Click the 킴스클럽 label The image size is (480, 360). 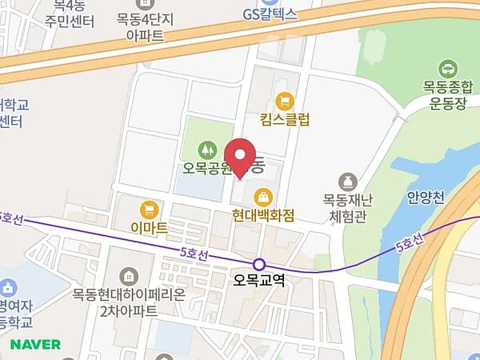coord(284,119)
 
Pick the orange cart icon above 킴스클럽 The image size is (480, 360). coord(284,101)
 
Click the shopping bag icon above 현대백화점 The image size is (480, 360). coord(262,196)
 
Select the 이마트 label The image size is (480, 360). coord(149,228)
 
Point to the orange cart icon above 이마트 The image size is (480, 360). coord(148,210)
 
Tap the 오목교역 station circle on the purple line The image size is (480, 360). coord(258,264)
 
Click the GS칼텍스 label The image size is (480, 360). coord(270,14)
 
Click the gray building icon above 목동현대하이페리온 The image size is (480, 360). coord(126,275)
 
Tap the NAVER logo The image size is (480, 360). coord(35,344)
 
